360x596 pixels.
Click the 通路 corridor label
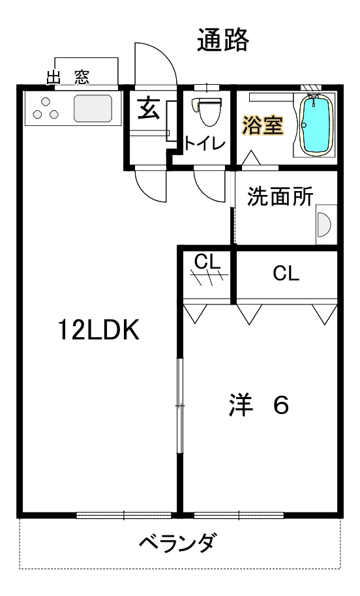223,40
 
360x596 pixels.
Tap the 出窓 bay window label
68,77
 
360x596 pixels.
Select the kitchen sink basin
93,108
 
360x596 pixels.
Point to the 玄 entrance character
149,108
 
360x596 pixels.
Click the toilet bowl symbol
207,111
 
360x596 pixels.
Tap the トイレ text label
205,143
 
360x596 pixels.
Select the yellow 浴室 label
263,125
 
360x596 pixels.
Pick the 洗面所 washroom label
280,196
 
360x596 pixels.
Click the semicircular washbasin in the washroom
323,224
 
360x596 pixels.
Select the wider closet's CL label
286,273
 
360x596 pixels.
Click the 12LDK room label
98,330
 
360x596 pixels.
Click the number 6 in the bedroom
281,405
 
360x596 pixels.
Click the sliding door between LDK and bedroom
180,406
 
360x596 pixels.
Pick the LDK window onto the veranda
124,515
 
